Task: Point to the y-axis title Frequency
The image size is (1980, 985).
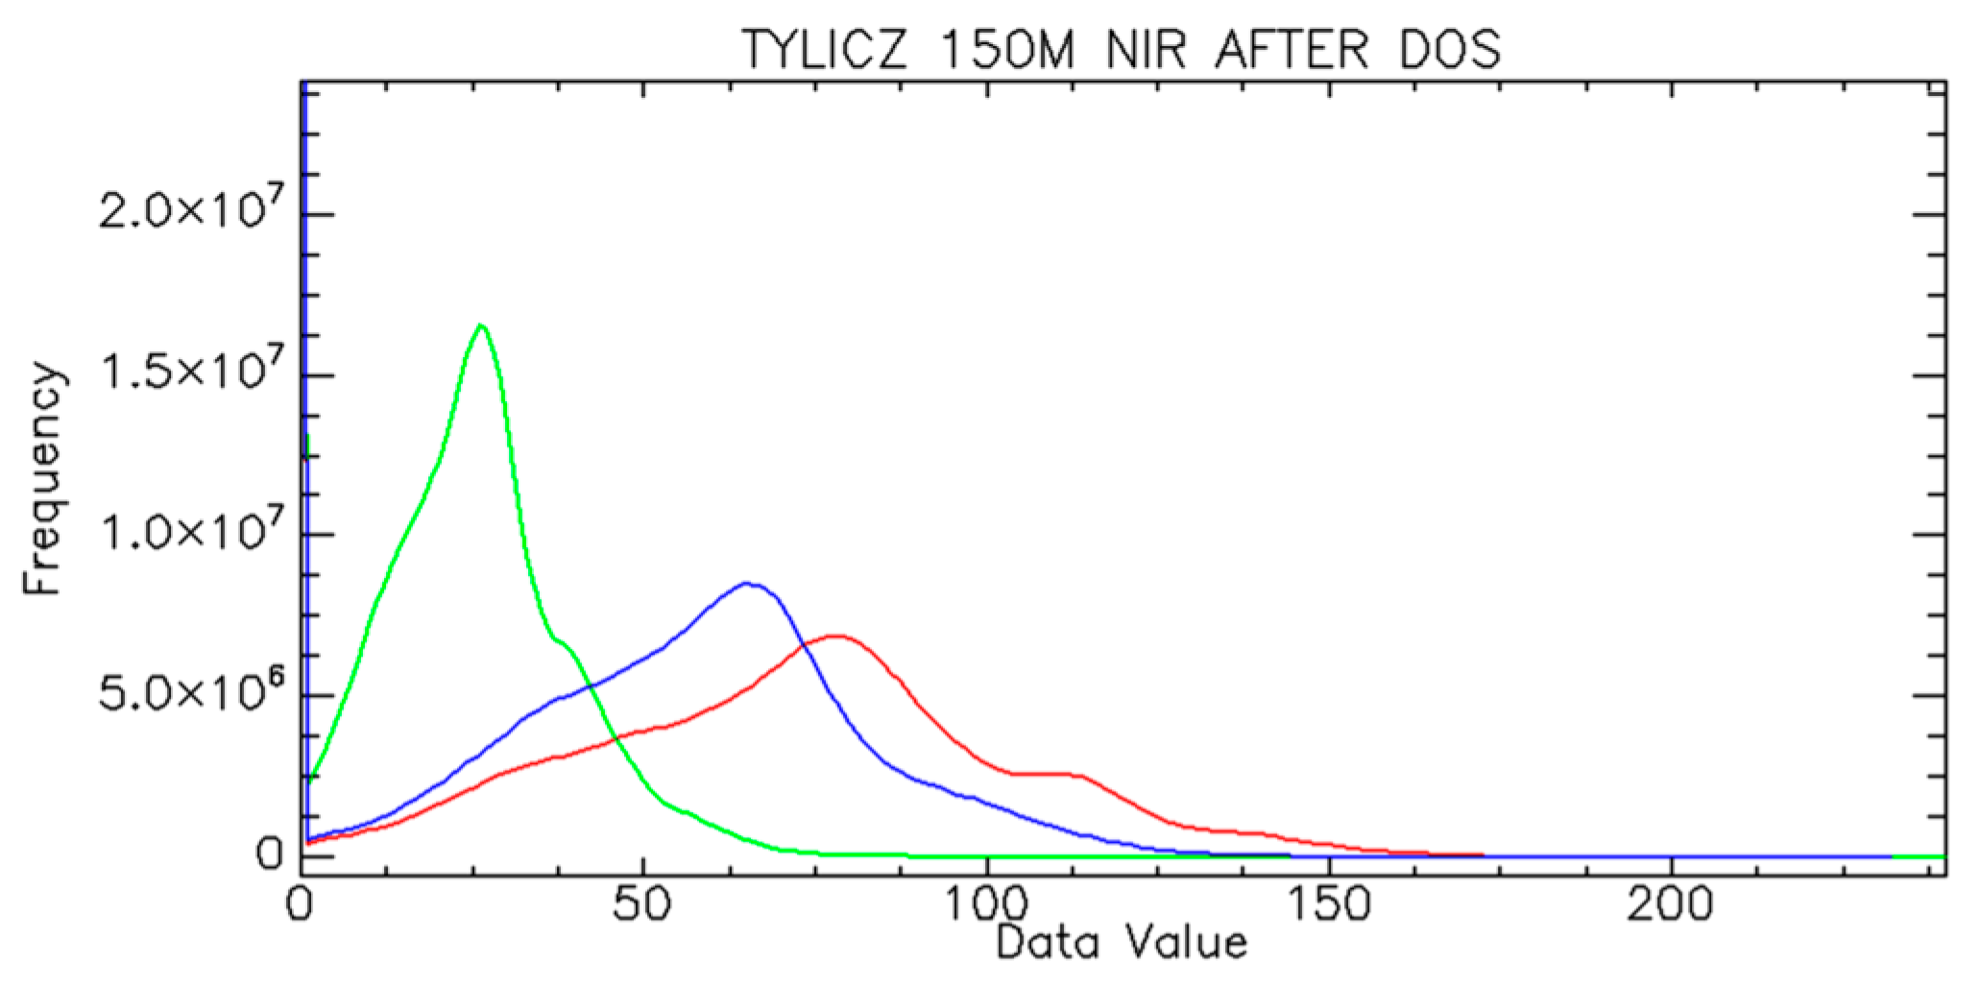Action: click(x=43, y=480)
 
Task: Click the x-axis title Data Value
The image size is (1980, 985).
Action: click(x=1122, y=942)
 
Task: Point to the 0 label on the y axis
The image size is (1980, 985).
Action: click(x=270, y=854)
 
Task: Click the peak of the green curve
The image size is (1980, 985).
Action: click(x=481, y=325)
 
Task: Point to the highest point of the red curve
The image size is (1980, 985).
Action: click(x=837, y=636)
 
